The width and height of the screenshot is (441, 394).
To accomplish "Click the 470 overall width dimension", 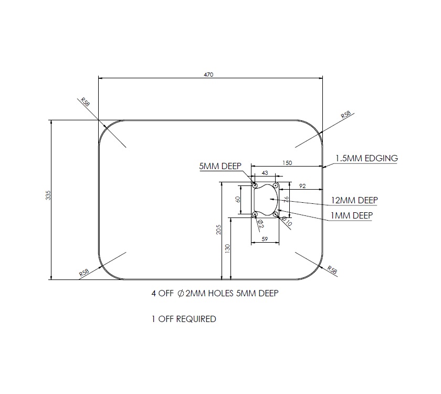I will click(x=209, y=75).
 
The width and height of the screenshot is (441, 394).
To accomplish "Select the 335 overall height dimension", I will click(x=48, y=196).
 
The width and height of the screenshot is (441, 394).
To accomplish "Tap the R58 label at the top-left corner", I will click(x=85, y=102).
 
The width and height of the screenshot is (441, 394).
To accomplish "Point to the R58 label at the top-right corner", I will click(x=346, y=115).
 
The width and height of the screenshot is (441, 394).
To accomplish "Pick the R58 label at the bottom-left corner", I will click(x=83, y=273).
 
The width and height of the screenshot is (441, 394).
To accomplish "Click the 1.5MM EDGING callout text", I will click(x=366, y=158).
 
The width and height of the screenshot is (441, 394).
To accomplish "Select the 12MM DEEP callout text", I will click(x=354, y=200).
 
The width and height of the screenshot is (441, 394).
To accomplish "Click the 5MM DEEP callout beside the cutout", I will click(x=220, y=167).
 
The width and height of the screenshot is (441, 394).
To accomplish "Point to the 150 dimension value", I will click(x=287, y=163).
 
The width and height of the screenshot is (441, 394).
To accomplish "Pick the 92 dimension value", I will click(x=302, y=186).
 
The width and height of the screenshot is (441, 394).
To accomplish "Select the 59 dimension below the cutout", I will click(x=264, y=239).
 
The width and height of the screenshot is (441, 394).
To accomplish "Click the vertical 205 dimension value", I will click(x=219, y=230).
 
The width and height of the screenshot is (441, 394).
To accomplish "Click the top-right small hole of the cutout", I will click(x=276, y=185).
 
